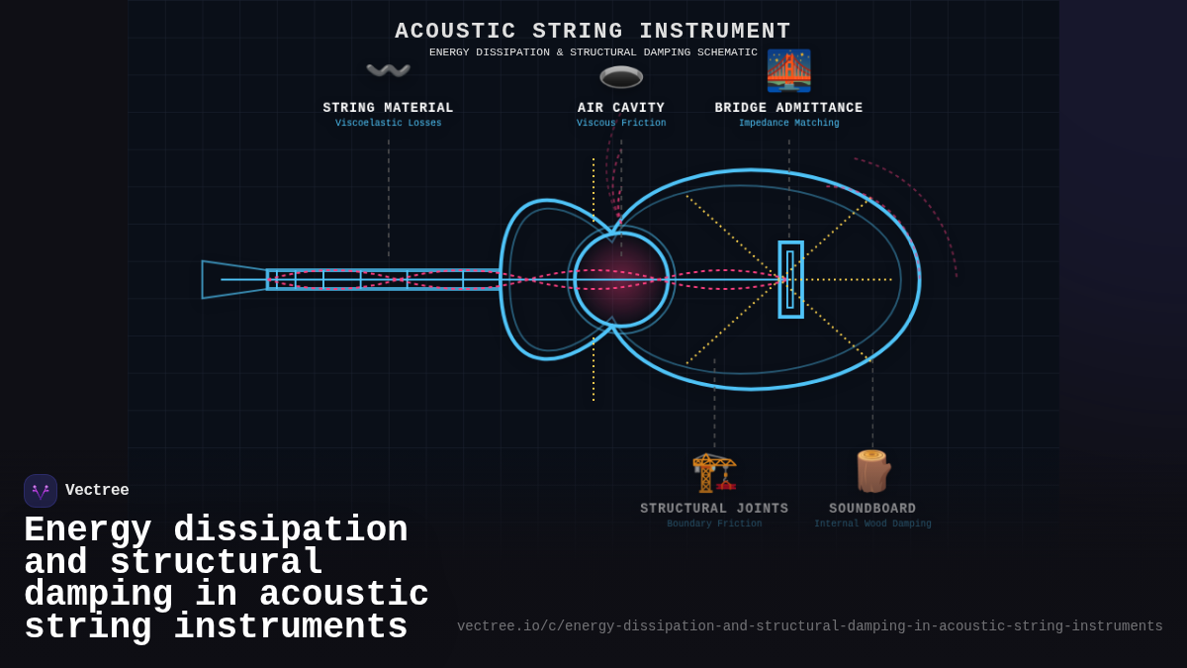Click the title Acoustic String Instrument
click(x=593, y=32)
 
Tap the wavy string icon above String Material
click(x=388, y=70)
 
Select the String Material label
click(x=388, y=108)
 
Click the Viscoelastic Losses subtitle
click(x=388, y=124)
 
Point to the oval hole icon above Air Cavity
click(x=621, y=76)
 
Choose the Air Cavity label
click(x=621, y=108)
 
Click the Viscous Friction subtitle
click(x=621, y=124)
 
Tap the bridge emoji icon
click(x=788, y=70)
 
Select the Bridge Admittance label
click(x=788, y=108)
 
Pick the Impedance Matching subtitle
click(x=788, y=124)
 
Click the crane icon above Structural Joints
click(x=714, y=472)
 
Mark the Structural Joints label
click(x=714, y=509)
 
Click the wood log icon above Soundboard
click(x=872, y=471)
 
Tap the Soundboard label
click(x=872, y=509)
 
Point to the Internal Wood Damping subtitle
click(x=872, y=525)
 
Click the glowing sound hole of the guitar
click(x=621, y=279)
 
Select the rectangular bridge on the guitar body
click(x=790, y=279)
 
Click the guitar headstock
click(x=233, y=279)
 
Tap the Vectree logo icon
click(x=41, y=491)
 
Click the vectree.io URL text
click(x=809, y=626)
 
